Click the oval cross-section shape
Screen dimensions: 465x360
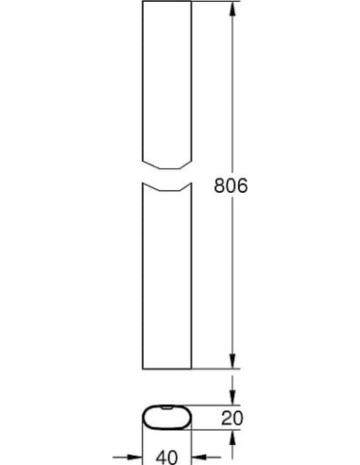(166, 418)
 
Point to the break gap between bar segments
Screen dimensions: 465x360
(166, 171)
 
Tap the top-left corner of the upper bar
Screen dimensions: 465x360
(140, 3)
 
